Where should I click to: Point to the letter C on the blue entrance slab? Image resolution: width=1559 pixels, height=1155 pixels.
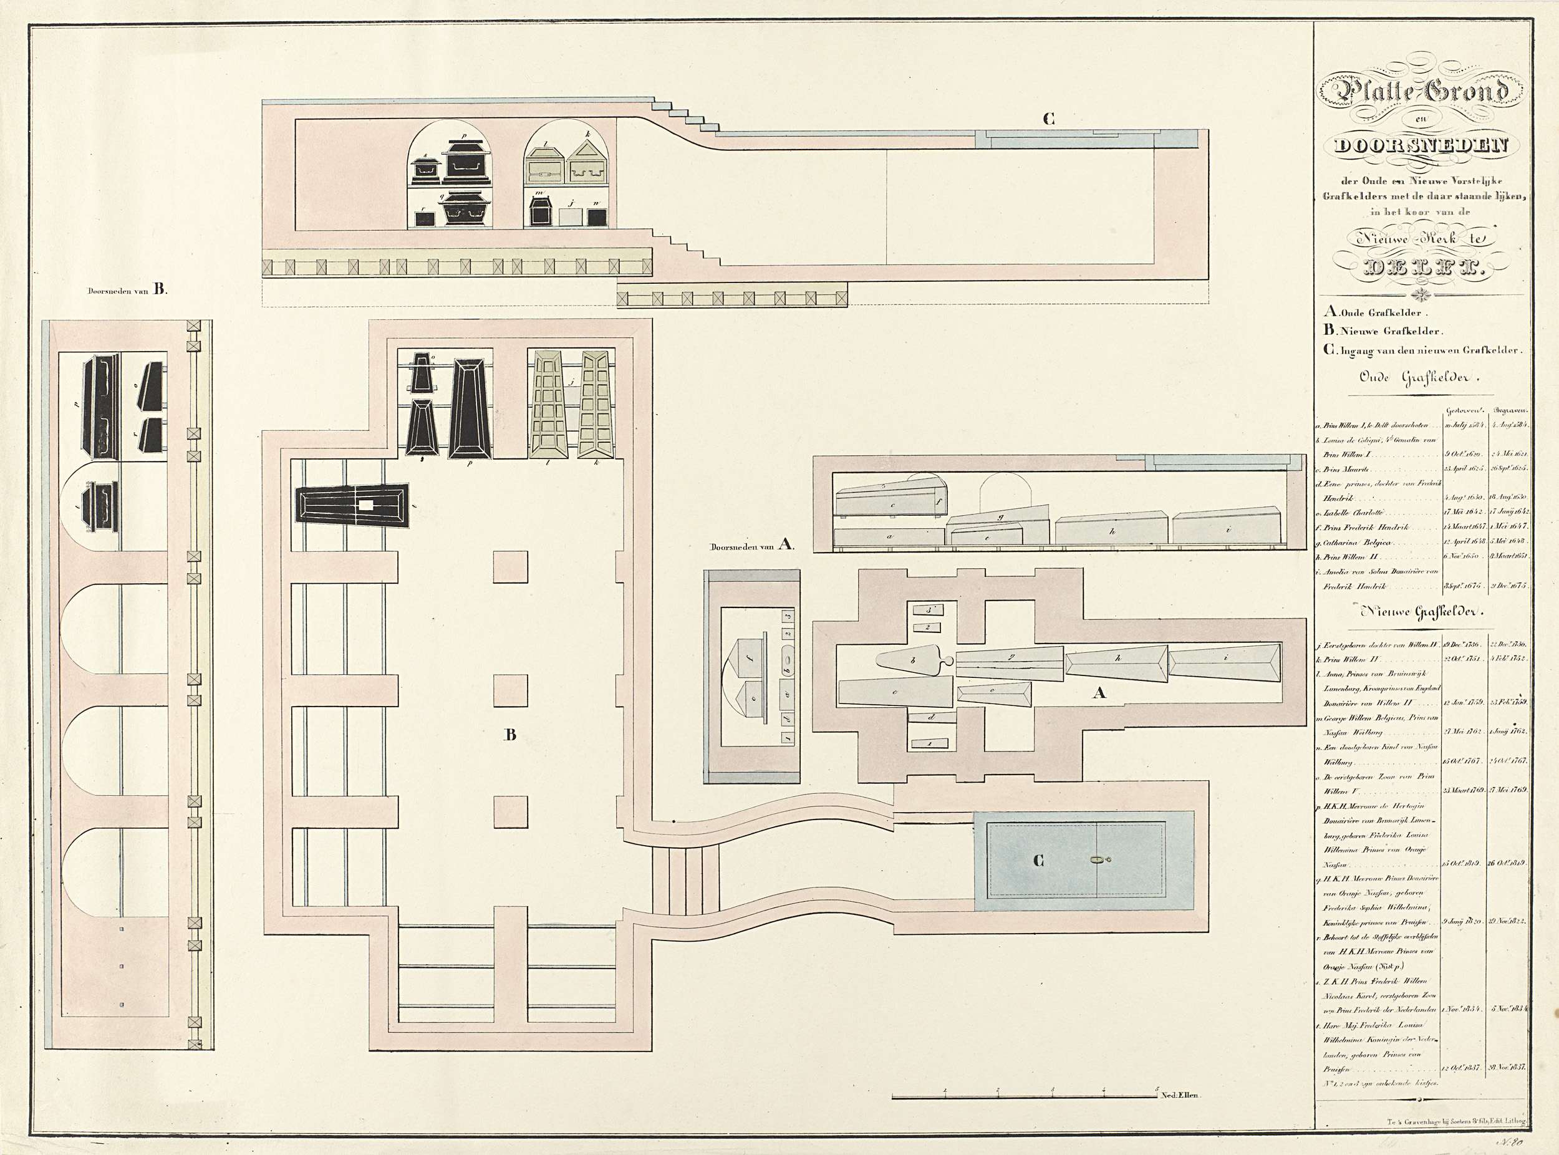pos(1038,861)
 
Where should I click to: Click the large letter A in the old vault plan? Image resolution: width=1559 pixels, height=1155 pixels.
pos(1099,692)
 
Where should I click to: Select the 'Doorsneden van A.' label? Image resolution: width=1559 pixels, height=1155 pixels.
pos(752,546)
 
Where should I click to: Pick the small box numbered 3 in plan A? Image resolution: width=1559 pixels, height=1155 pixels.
pos(928,611)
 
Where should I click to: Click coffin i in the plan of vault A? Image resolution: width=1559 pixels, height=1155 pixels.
pos(1225,662)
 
